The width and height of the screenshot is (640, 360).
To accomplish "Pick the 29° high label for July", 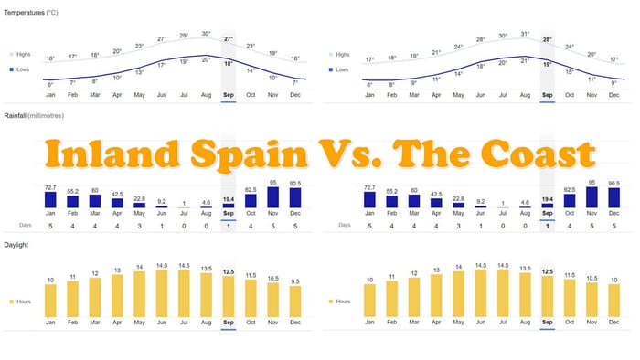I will [x=184, y=36].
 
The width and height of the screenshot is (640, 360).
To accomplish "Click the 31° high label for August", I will [x=525, y=34].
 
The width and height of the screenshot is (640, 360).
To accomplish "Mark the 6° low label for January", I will [x=50, y=83].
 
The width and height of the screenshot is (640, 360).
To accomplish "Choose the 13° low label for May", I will [x=139, y=72].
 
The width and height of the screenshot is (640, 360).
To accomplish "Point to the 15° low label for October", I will [x=569, y=71].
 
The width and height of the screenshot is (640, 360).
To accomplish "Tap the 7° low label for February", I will [x=72, y=83].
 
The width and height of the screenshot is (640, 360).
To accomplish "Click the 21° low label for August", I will [x=525, y=60].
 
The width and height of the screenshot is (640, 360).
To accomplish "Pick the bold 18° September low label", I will [x=229, y=63].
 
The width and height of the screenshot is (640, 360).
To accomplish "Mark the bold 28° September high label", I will [x=547, y=40].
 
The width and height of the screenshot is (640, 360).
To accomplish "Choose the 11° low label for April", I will [x=436, y=79].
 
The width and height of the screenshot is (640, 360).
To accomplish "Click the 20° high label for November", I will [x=592, y=54].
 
